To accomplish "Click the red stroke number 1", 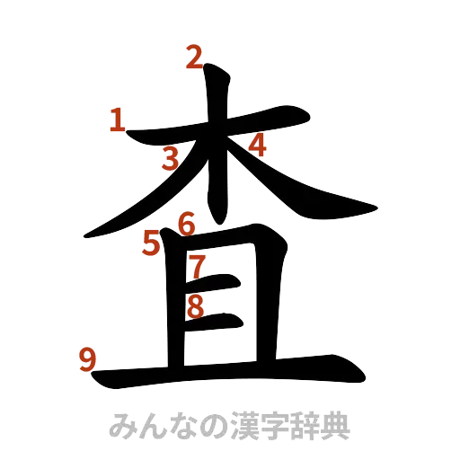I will [x=117, y=119].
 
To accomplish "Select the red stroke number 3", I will [x=171, y=158].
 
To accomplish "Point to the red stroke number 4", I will [x=258, y=144].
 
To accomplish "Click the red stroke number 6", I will [x=187, y=222].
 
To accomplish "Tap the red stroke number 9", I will [x=88, y=360].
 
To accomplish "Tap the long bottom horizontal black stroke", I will [x=225, y=372].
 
